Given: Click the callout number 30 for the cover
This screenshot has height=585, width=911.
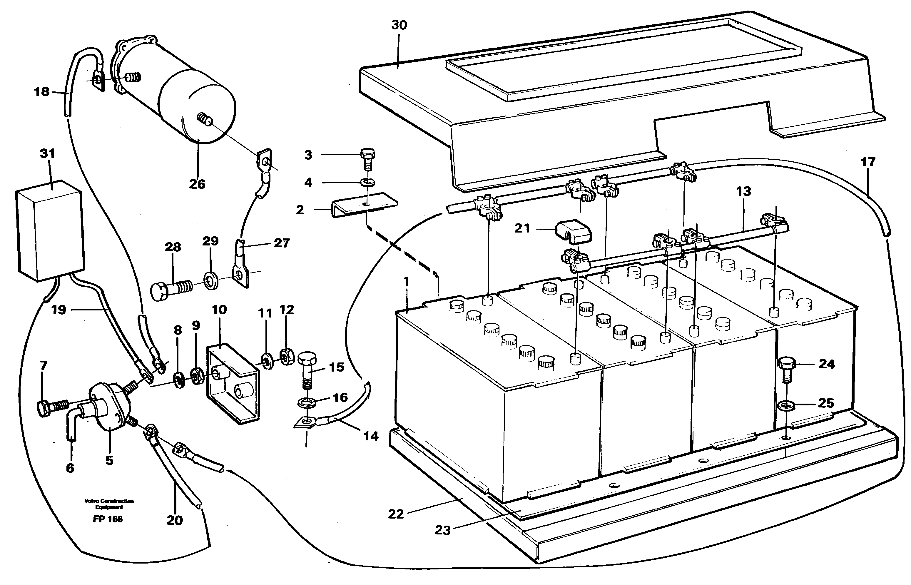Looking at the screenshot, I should [399, 25].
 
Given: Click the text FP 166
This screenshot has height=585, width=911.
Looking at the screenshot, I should [108, 519].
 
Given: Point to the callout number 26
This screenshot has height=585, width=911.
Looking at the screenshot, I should [197, 184].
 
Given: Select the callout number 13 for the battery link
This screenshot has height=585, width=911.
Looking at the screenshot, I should [743, 191].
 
